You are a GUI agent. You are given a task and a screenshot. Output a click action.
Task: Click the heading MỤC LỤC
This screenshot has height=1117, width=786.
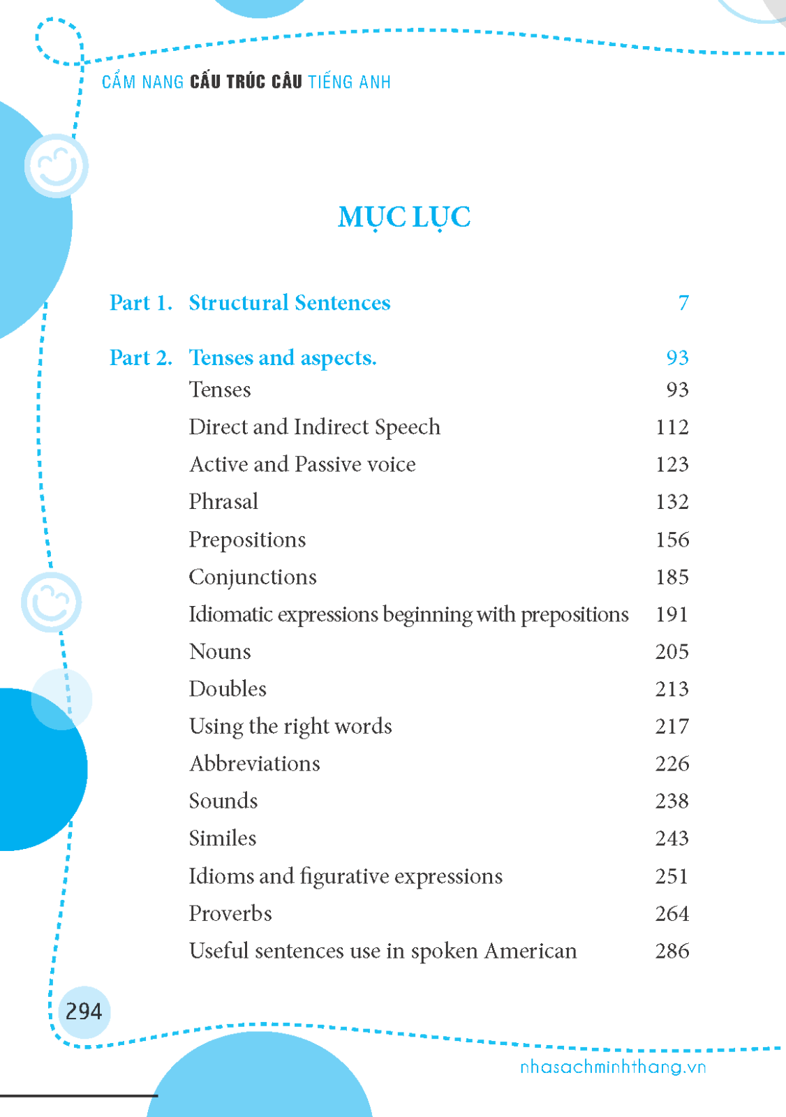404,217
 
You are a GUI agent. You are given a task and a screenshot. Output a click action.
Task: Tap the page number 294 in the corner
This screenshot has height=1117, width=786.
84,1011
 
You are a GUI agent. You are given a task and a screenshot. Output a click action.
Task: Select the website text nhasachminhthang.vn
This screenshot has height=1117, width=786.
613,1067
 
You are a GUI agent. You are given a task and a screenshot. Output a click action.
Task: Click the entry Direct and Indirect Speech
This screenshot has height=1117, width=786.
314,427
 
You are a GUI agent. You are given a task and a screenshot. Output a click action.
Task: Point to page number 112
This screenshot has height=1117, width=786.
672,427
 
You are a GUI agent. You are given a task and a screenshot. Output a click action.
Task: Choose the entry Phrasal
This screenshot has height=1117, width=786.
223,501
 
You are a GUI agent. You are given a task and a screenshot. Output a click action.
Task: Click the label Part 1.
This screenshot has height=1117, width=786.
140,303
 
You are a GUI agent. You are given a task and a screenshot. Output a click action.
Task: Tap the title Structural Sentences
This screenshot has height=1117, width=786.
289,303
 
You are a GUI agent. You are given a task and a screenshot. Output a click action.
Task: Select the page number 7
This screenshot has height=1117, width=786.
683,303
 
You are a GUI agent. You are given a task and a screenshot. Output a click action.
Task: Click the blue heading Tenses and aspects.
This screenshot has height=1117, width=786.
282,357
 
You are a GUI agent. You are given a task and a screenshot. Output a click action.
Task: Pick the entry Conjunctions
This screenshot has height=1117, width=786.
253,577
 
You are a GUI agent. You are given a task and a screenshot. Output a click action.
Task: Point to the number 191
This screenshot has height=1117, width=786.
672,614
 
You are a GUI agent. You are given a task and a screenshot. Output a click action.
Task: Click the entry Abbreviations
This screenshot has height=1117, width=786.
255,763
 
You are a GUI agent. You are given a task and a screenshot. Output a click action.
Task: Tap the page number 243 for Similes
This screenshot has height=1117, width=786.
672,838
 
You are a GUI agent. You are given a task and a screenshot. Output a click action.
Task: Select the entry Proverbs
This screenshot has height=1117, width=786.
230,913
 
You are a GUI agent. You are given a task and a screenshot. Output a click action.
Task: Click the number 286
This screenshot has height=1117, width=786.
672,951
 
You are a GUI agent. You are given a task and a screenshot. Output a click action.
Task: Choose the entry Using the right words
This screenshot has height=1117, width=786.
290,726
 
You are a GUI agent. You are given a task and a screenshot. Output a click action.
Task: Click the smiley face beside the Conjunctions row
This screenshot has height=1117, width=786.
52,602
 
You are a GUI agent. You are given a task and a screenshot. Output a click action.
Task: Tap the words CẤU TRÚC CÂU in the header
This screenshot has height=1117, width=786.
246,82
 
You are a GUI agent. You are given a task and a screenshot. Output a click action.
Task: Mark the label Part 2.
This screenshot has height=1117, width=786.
140,357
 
